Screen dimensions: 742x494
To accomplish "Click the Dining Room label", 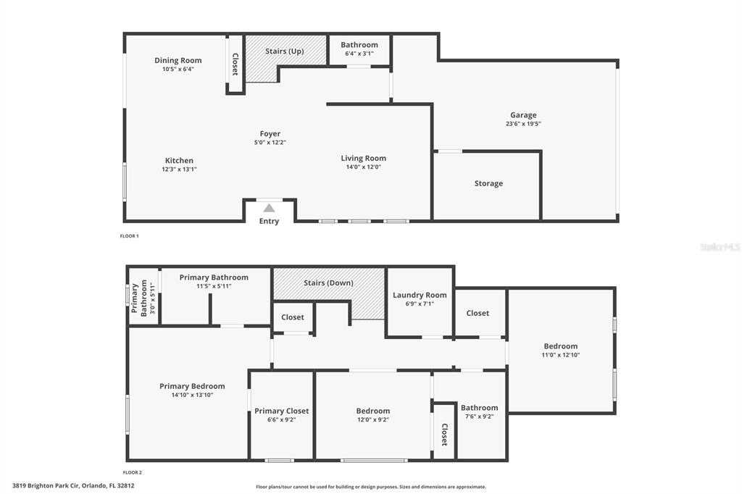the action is [178, 60].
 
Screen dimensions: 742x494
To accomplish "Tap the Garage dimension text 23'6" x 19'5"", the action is [523, 123].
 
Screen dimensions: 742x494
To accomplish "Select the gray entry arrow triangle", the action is [269, 208].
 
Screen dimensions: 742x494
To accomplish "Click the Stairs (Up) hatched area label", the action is [284, 51].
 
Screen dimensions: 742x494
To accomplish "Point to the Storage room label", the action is [488, 183].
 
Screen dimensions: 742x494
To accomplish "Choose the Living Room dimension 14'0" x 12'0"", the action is [364, 167].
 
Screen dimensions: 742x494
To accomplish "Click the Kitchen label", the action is [179, 160].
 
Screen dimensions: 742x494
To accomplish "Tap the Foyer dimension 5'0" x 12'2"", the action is [270, 142].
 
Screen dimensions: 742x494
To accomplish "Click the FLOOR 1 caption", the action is [129, 235].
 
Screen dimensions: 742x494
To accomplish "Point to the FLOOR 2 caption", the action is [132, 472].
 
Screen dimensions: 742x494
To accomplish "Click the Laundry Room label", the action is [420, 295].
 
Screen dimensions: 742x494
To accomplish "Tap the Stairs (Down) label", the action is [328, 282].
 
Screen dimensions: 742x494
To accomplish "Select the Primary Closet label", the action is [282, 411].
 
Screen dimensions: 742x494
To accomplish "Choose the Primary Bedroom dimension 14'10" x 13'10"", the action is [192, 395].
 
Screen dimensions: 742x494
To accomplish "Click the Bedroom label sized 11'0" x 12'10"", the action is [560, 346].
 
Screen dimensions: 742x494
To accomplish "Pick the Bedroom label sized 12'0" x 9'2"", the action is [373, 411].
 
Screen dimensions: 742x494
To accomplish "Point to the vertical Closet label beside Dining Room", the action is [235, 64].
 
